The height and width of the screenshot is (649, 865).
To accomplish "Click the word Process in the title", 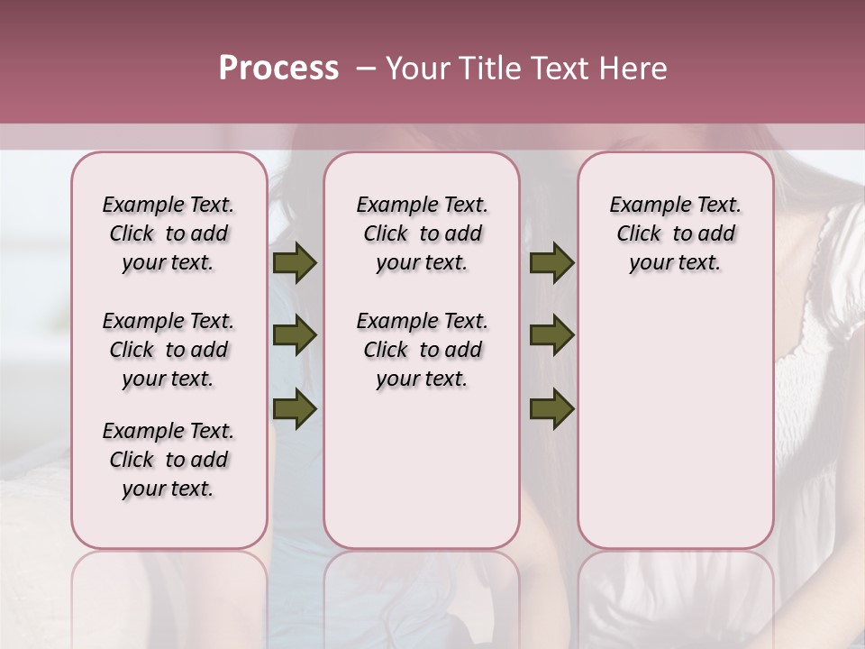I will (278, 69).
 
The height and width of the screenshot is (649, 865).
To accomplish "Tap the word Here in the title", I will (634, 69).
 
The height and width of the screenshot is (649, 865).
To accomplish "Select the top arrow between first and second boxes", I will (295, 263).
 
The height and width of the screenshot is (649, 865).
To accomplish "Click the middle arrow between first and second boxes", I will (295, 336).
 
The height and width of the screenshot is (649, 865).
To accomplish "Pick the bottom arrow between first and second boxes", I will (295, 409).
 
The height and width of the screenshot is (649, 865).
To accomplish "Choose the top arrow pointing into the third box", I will (551, 263).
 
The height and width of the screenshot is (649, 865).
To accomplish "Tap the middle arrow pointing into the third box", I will (551, 336).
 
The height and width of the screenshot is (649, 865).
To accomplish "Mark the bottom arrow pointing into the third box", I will (551, 409).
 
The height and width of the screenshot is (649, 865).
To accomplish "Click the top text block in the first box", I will (168, 233).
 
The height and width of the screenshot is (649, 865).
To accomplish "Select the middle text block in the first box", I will (168, 350).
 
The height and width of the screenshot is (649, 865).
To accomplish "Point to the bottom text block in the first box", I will (168, 460).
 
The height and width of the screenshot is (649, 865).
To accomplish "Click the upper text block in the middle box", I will (422, 233).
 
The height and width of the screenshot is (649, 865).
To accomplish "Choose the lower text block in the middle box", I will (422, 350).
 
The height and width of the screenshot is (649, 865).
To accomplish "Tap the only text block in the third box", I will (675, 233).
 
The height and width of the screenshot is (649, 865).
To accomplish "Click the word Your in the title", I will (416, 69).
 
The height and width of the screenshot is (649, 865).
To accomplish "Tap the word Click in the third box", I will (640, 234).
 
